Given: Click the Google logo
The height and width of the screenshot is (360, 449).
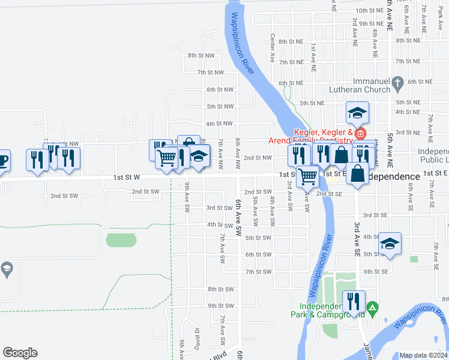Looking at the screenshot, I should (20, 353).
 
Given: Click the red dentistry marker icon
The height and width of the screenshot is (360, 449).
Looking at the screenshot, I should (360, 133).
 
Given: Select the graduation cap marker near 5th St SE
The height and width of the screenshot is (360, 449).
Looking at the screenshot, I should (390, 244).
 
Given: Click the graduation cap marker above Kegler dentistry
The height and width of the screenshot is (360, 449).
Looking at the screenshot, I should (357, 112).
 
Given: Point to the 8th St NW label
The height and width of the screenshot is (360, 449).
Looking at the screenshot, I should (200, 55).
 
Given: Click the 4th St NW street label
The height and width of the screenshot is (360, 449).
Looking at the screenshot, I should (219, 124).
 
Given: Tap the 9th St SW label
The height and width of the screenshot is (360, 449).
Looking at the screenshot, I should (220, 306).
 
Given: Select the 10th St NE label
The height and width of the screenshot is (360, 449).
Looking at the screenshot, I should (368, 11).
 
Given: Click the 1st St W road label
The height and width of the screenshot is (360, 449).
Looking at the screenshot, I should (126, 178).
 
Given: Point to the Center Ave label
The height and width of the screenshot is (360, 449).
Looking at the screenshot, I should (273, 49).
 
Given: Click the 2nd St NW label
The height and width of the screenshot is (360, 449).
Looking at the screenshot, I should (258, 158).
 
